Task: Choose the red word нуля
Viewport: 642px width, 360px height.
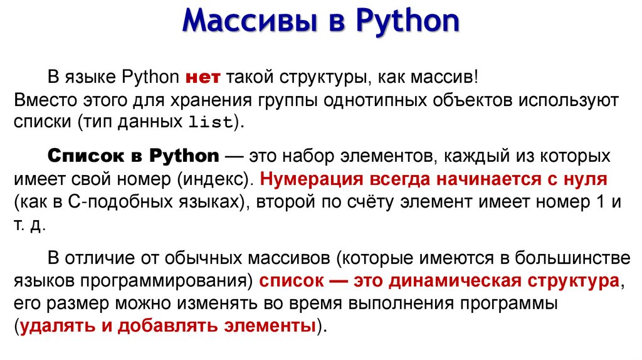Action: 585,179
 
